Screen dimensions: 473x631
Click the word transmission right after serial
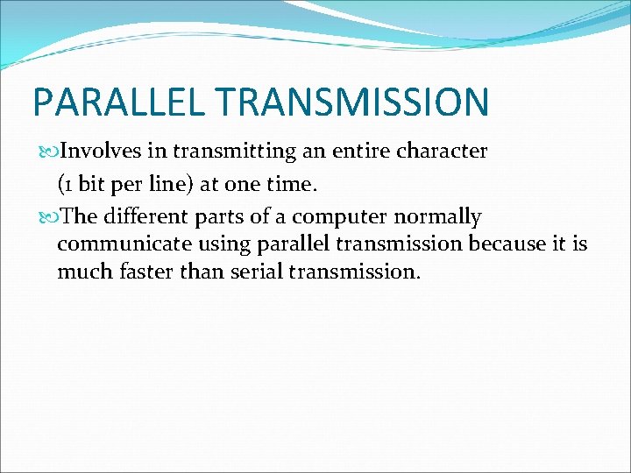pos(354,272)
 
